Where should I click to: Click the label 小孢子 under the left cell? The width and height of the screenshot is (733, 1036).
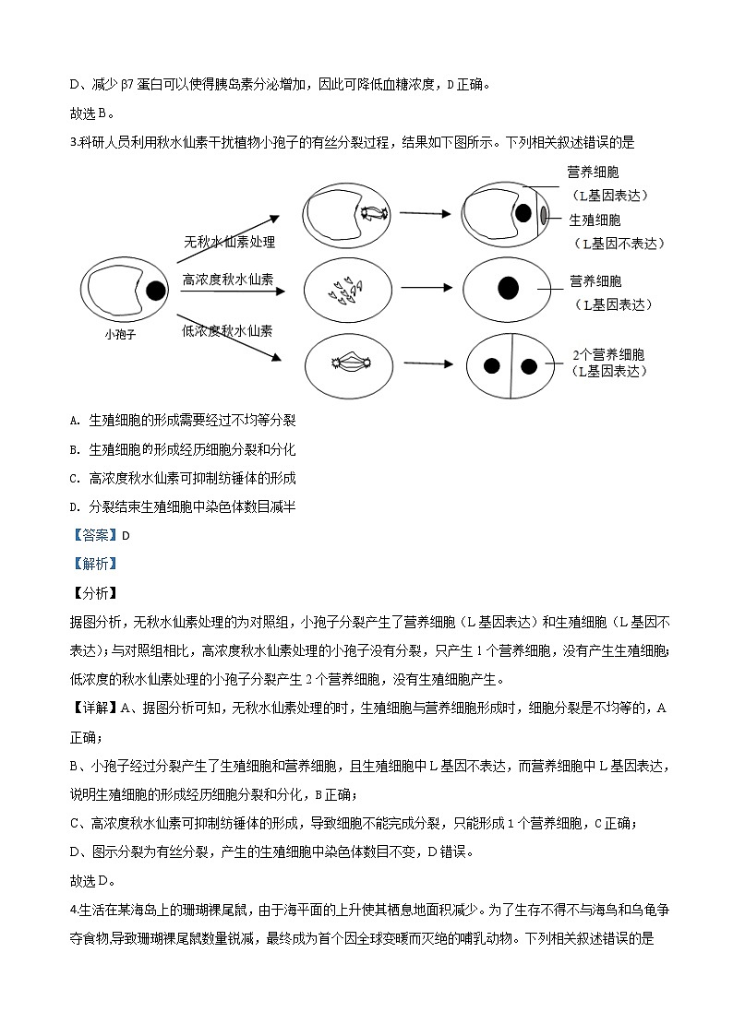pyautogui.click(x=120, y=335)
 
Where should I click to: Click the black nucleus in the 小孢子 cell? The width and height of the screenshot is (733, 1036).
pyautogui.click(x=155, y=292)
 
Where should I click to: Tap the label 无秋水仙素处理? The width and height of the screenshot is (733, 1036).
pyautogui.click(x=229, y=243)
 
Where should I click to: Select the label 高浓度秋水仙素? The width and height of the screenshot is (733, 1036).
pyautogui.click(x=228, y=280)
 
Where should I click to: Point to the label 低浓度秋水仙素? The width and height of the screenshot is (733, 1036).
pyautogui.click(x=228, y=329)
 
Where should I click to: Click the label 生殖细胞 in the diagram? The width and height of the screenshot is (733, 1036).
pyautogui.click(x=595, y=220)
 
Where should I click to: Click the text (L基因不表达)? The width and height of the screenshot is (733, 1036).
pyautogui.click(x=619, y=243)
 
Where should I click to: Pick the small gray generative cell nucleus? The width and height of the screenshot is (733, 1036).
pyautogui.click(x=544, y=215)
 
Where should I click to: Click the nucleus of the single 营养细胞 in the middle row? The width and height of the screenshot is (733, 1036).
pyautogui.click(x=507, y=288)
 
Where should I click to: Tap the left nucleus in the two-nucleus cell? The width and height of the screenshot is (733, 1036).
pyautogui.click(x=490, y=365)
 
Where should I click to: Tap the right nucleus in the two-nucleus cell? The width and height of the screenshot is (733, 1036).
pyautogui.click(x=529, y=365)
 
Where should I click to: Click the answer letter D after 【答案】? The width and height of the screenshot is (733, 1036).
pyautogui.click(x=126, y=535)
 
